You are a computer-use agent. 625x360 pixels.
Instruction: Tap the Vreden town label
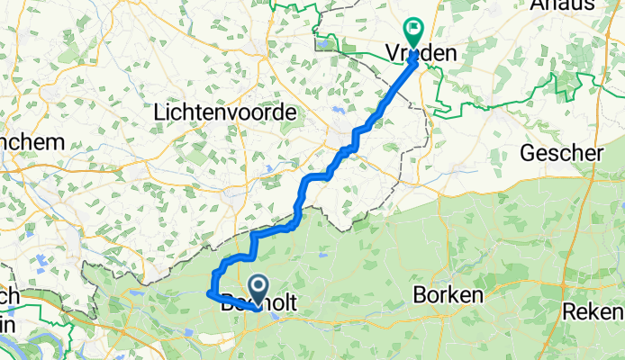tap(421, 54)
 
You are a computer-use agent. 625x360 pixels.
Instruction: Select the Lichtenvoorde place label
tap(225, 112)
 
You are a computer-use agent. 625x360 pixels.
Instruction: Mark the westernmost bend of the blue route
tap(209, 292)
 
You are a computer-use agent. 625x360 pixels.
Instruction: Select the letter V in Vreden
tap(393, 54)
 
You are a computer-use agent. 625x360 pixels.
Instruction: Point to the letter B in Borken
tap(419, 293)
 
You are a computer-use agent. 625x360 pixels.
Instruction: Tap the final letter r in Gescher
tap(599, 153)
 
